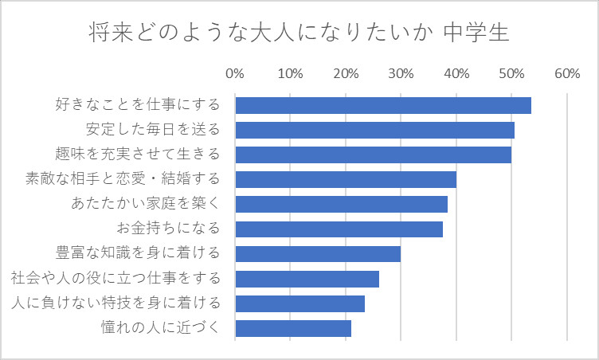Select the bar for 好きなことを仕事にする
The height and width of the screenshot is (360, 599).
[x=383, y=105]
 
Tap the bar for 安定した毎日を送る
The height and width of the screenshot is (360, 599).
[x=375, y=130]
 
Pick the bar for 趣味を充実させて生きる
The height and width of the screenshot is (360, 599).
[x=374, y=155]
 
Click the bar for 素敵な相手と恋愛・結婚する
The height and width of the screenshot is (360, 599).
[x=346, y=179]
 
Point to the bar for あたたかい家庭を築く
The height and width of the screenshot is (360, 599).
[x=342, y=204]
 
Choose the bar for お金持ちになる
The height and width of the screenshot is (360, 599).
[x=339, y=229]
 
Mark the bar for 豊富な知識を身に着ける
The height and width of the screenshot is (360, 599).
[x=318, y=254]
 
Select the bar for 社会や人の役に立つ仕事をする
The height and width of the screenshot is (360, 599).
[x=307, y=279]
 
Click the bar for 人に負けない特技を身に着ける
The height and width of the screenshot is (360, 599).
[x=300, y=303]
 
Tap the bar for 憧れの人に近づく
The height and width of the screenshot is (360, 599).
[x=293, y=328]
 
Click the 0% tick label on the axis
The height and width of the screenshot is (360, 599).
[x=235, y=74]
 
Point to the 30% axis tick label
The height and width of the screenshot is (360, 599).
[x=401, y=74]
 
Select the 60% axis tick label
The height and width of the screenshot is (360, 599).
[x=566, y=74]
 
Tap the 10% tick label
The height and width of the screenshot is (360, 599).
[x=290, y=74]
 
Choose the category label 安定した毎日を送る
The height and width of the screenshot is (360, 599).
[x=151, y=130]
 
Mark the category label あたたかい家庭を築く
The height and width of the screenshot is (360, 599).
[x=144, y=204]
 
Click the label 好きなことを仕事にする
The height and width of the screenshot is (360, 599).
[x=136, y=105]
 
